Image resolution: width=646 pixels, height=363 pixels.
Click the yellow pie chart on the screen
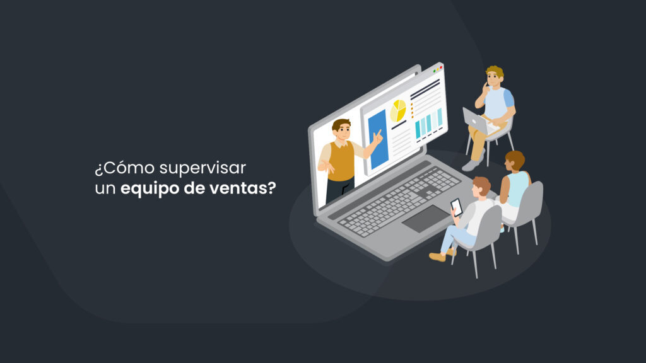click(x=398, y=110)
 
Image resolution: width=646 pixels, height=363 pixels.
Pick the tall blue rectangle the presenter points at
click(x=377, y=140)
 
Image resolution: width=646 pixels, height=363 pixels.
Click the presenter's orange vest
click(x=341, y=161)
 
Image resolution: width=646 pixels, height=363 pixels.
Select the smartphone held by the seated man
click(x=456, y=206)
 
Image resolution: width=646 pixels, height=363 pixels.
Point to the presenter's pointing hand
click(x=377, y=135)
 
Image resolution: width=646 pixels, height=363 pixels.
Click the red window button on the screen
click(x=441, y=67)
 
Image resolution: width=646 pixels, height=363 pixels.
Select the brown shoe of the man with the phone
click(x=437, y=256)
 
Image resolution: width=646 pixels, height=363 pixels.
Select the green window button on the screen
click(x=435, y=70)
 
